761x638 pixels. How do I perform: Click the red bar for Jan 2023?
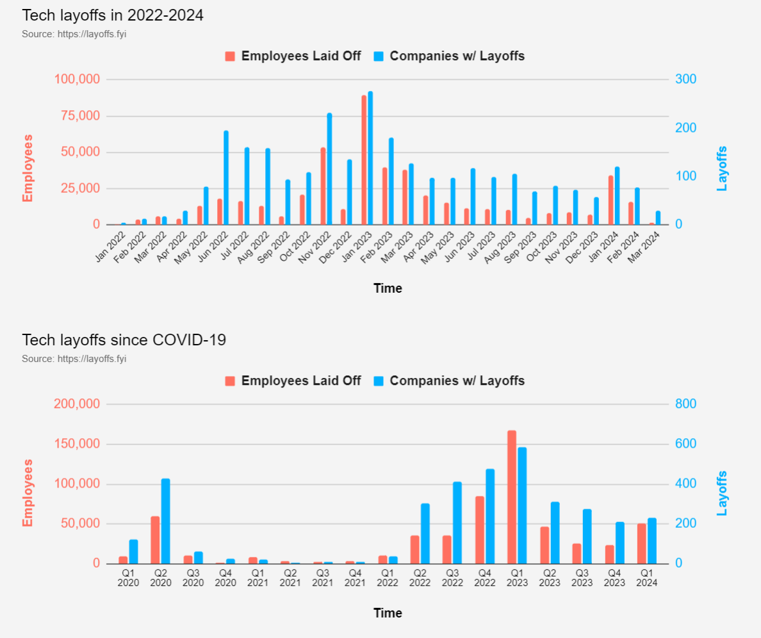[x=364, y=160]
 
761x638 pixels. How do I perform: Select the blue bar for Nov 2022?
[x=330, y=169]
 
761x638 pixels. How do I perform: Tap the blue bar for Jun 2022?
[x=226, y=178]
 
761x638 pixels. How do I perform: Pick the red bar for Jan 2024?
[x=610, y=200]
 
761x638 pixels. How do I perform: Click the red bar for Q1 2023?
[x=512, y=497]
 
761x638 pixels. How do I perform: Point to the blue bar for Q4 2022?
[x=490, y=516]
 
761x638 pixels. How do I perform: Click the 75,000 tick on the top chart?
[x=78, y=116]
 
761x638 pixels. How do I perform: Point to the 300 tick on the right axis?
[x=685, y=79]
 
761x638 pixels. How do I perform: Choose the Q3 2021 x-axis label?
[x=323, y=578]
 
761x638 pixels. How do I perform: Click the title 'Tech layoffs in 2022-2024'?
[x=113, y=15]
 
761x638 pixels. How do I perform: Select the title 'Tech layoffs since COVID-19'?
[x=124, y=340]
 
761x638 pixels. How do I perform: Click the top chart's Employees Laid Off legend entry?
[x=293, y=56]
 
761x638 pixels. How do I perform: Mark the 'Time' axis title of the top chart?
[x=388, y=288]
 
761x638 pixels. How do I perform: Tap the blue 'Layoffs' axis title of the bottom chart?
[x=722, y=493]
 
